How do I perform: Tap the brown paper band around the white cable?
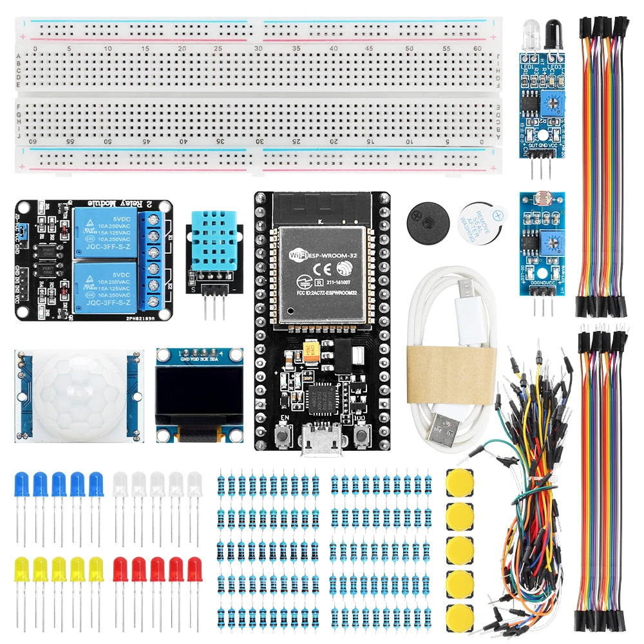pyautogui.click(x=451, y=374)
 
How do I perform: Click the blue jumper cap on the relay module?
pyautogui.click(x=22, y=229)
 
